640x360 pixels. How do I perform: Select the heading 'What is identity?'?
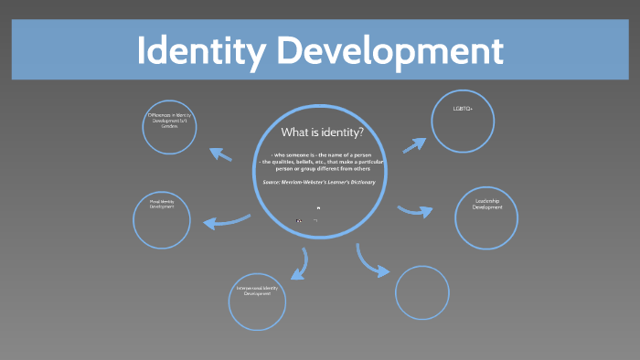click(x=315, y=133)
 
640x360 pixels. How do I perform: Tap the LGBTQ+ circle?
click(x=463, y=122)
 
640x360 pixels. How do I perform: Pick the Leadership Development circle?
click(x=486, y=217)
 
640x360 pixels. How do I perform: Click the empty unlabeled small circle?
click(x=422, y=292)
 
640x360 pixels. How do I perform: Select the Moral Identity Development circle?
click(x=162, y=220)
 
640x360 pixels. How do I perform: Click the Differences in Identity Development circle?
click(x=171, y=125)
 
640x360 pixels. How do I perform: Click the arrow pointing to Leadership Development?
click(x=416, y=211)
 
